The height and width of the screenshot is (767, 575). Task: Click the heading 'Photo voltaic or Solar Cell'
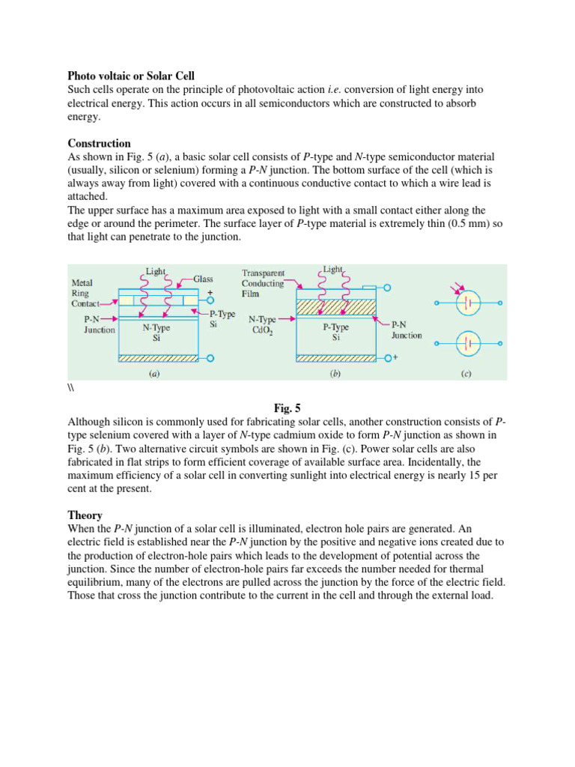[131, 76]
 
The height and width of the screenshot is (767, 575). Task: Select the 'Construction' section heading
[99, 143]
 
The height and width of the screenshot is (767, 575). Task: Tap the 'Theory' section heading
[85, 515]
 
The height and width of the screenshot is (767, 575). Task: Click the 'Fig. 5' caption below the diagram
[287, 408]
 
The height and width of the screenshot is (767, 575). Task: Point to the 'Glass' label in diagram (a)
[203, 278]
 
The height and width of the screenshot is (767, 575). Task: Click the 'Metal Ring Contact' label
[88, 294]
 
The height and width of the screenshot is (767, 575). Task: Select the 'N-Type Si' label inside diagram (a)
[156, 333]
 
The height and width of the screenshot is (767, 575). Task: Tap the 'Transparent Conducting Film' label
[263, 283]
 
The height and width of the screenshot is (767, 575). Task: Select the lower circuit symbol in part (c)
[469, 345]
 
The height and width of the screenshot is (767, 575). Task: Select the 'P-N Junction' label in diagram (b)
[407, 330]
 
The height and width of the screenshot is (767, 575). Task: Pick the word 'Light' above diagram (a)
[156, 272]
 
